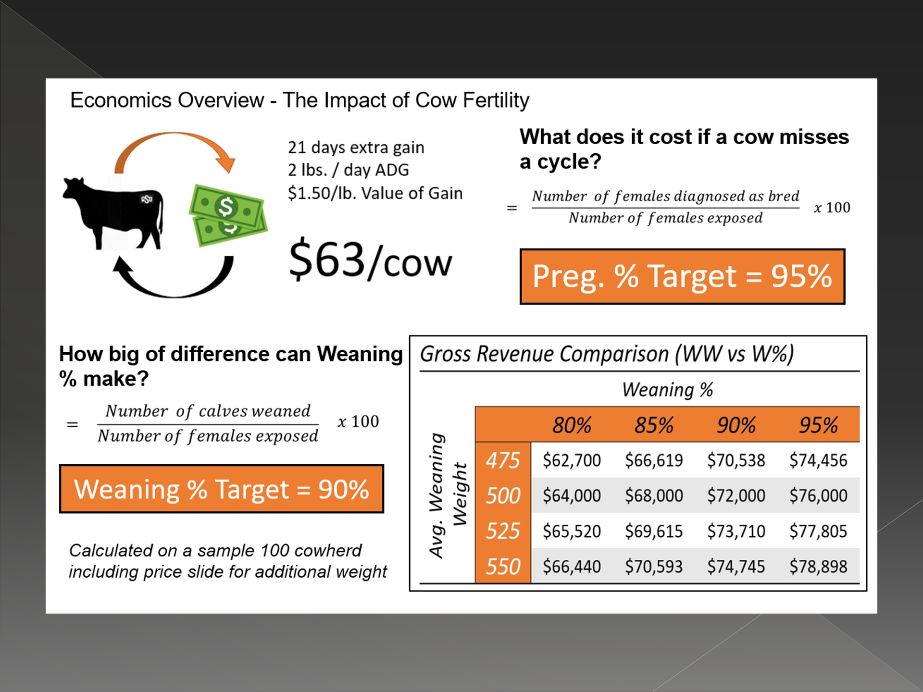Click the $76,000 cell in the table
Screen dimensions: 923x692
pos(818,495)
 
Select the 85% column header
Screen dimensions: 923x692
pos(654,425)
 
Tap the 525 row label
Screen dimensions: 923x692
pos(503,531)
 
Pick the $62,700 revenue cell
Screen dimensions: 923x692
pos(572,460)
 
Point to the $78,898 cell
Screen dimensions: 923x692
pos(818,567)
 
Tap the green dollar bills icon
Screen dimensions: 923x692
pos(228,215)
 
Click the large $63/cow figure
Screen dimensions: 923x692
pos(370,260)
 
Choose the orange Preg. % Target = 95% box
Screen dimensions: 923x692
pos(682,276)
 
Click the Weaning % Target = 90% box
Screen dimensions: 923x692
pos(222,489)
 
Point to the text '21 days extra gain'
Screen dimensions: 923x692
pos(356,148)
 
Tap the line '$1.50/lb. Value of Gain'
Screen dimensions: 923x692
pos(375,193)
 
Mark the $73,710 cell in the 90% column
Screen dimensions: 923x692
pos(736,531)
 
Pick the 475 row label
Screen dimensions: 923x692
pos(503,460)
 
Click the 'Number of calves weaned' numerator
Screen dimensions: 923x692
pos(208,411)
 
